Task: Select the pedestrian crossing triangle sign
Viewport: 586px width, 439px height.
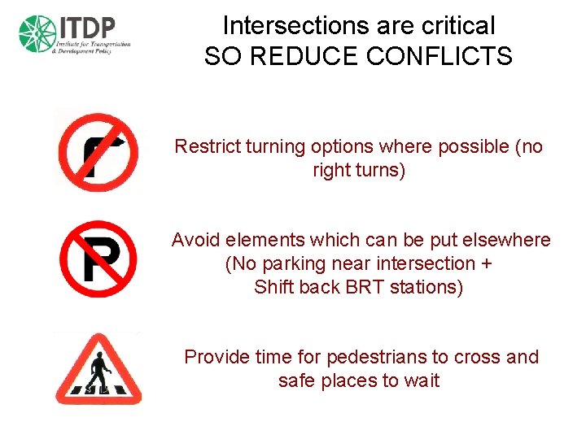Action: (98, 371)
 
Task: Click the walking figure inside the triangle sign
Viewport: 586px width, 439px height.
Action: (98, 376)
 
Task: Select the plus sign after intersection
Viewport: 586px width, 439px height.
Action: (486, 264)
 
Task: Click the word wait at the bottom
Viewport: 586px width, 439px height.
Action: (420, 380)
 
